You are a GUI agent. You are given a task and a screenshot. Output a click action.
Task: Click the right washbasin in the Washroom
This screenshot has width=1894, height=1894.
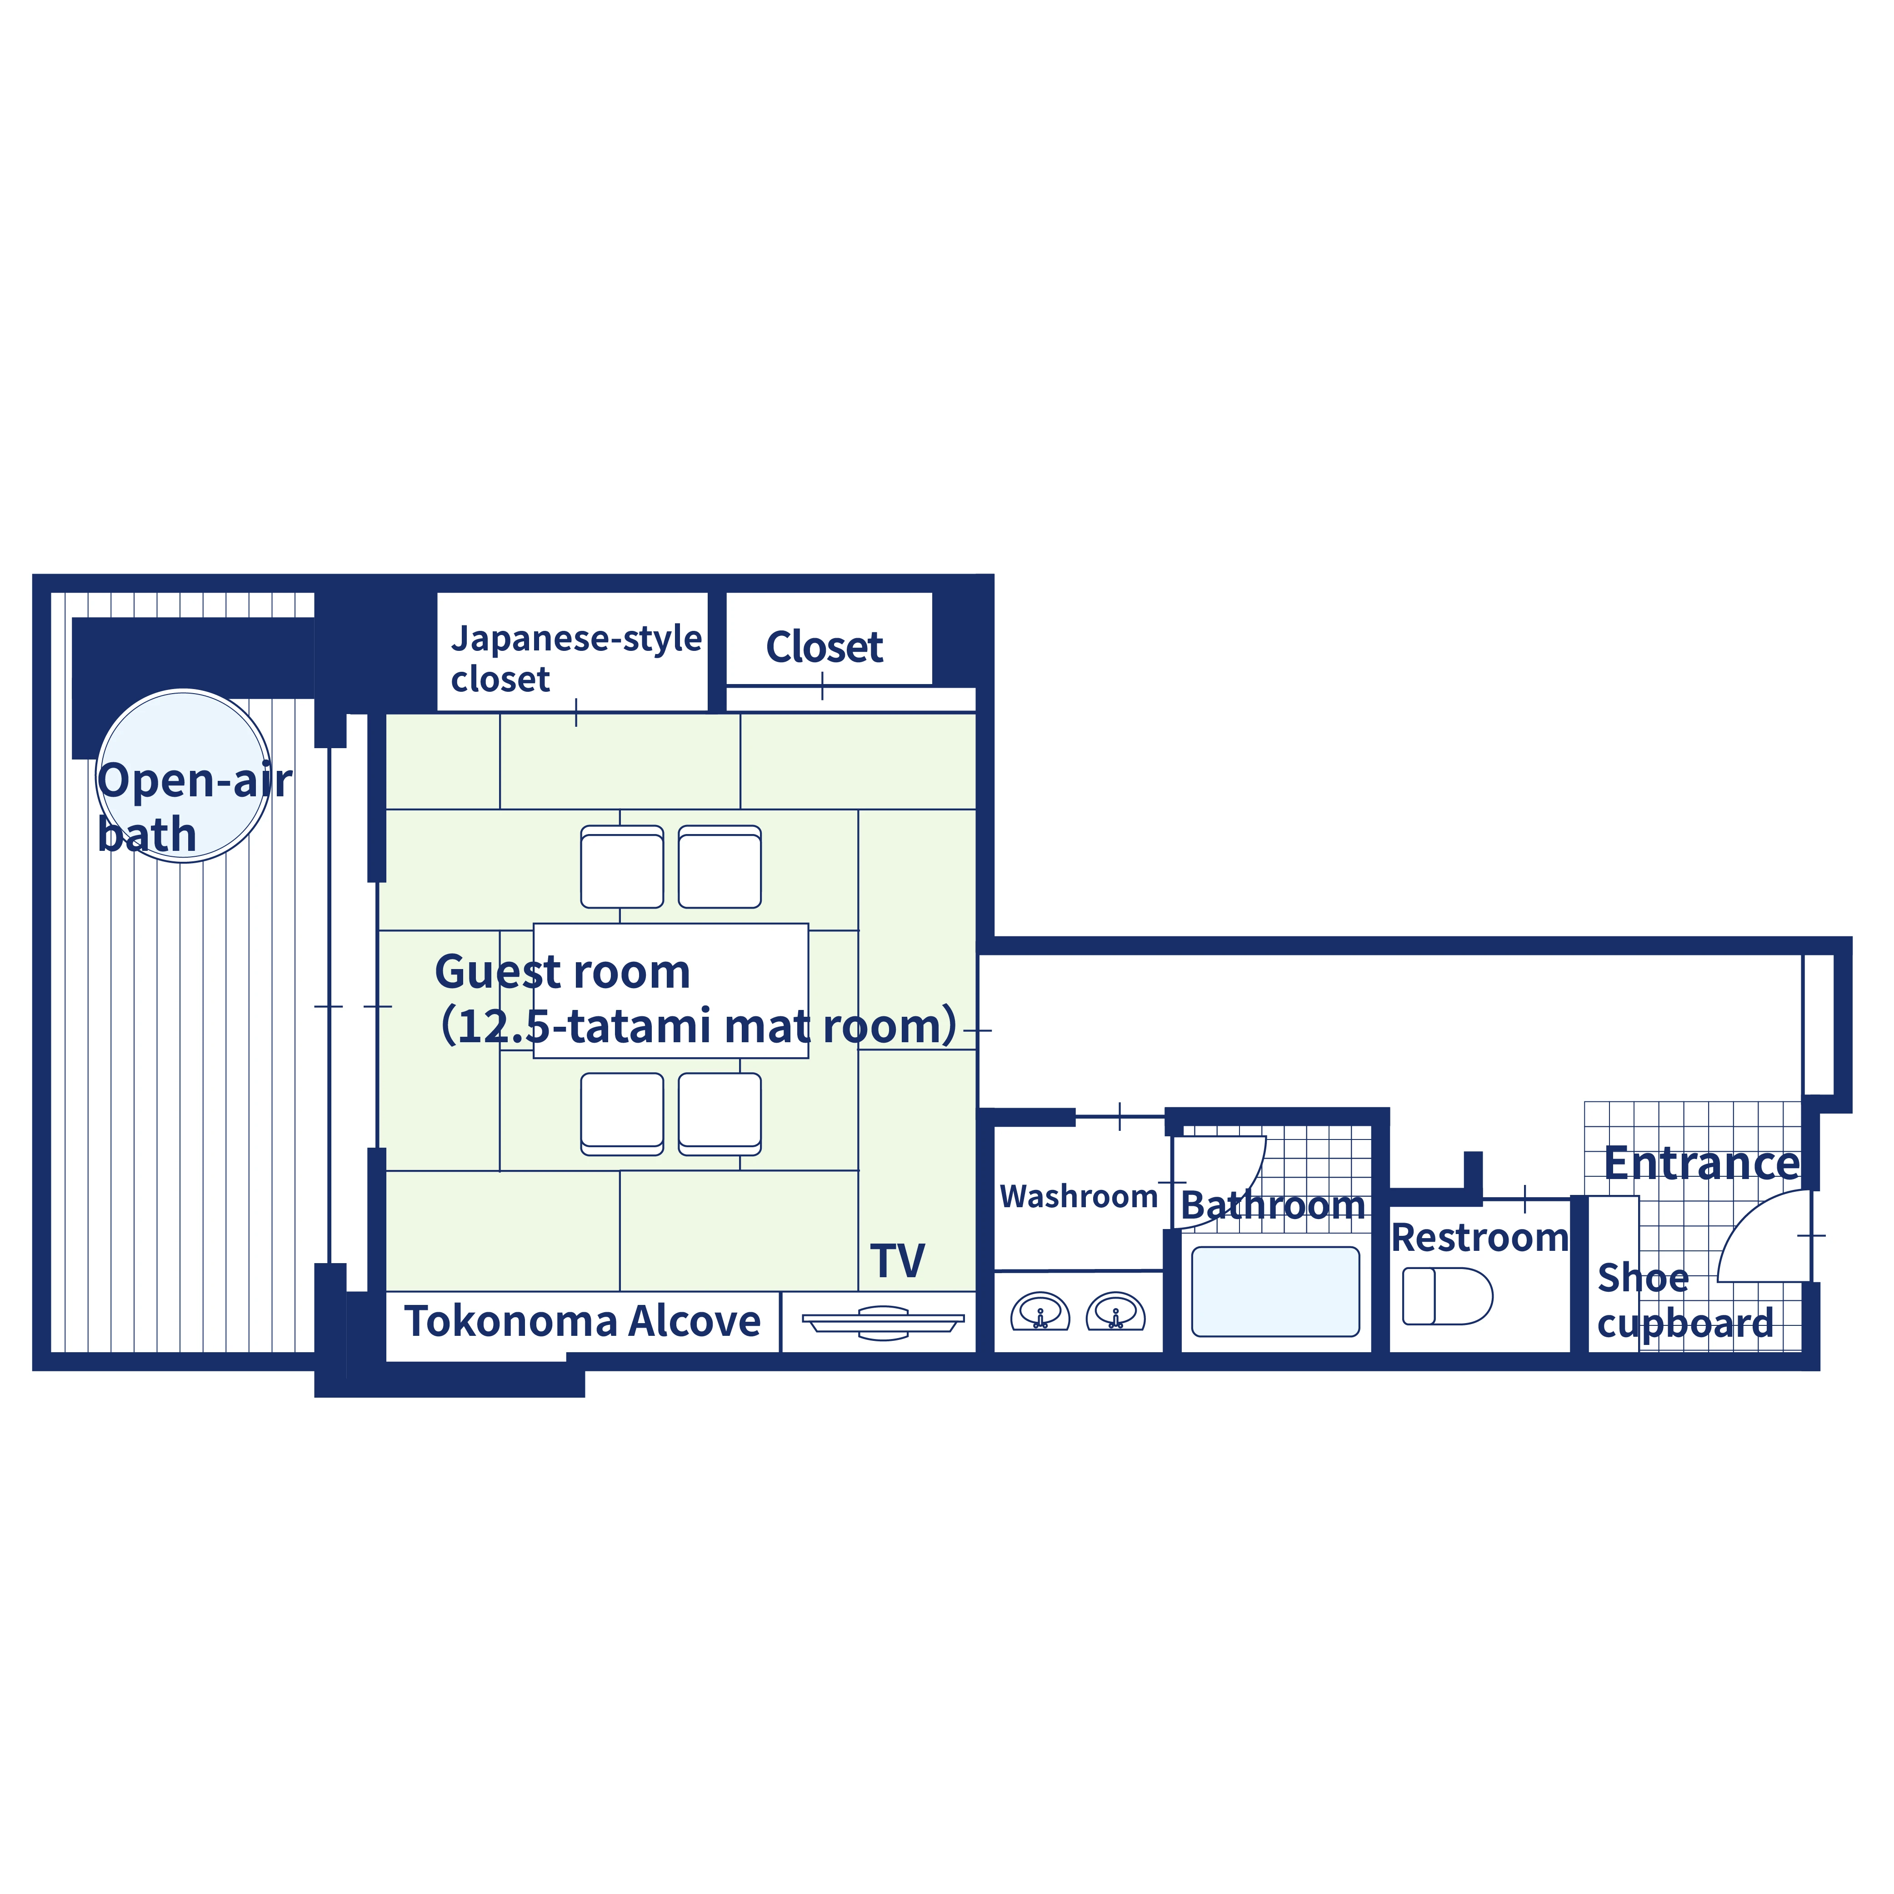point(1115,1312)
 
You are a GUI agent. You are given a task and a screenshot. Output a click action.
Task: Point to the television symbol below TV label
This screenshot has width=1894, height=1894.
point(882,1323)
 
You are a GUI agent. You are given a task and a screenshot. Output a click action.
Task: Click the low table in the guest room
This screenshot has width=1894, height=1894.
point(670,990)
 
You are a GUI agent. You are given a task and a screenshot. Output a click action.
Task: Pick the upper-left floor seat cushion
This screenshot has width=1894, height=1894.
point(621,867)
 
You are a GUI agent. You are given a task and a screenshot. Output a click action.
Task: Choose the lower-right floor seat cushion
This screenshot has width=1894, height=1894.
point(720,1114)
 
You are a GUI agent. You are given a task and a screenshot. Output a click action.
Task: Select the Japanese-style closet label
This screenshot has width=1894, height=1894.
point(575,658)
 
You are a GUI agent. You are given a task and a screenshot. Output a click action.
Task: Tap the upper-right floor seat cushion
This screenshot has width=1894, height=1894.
point(720,867)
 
